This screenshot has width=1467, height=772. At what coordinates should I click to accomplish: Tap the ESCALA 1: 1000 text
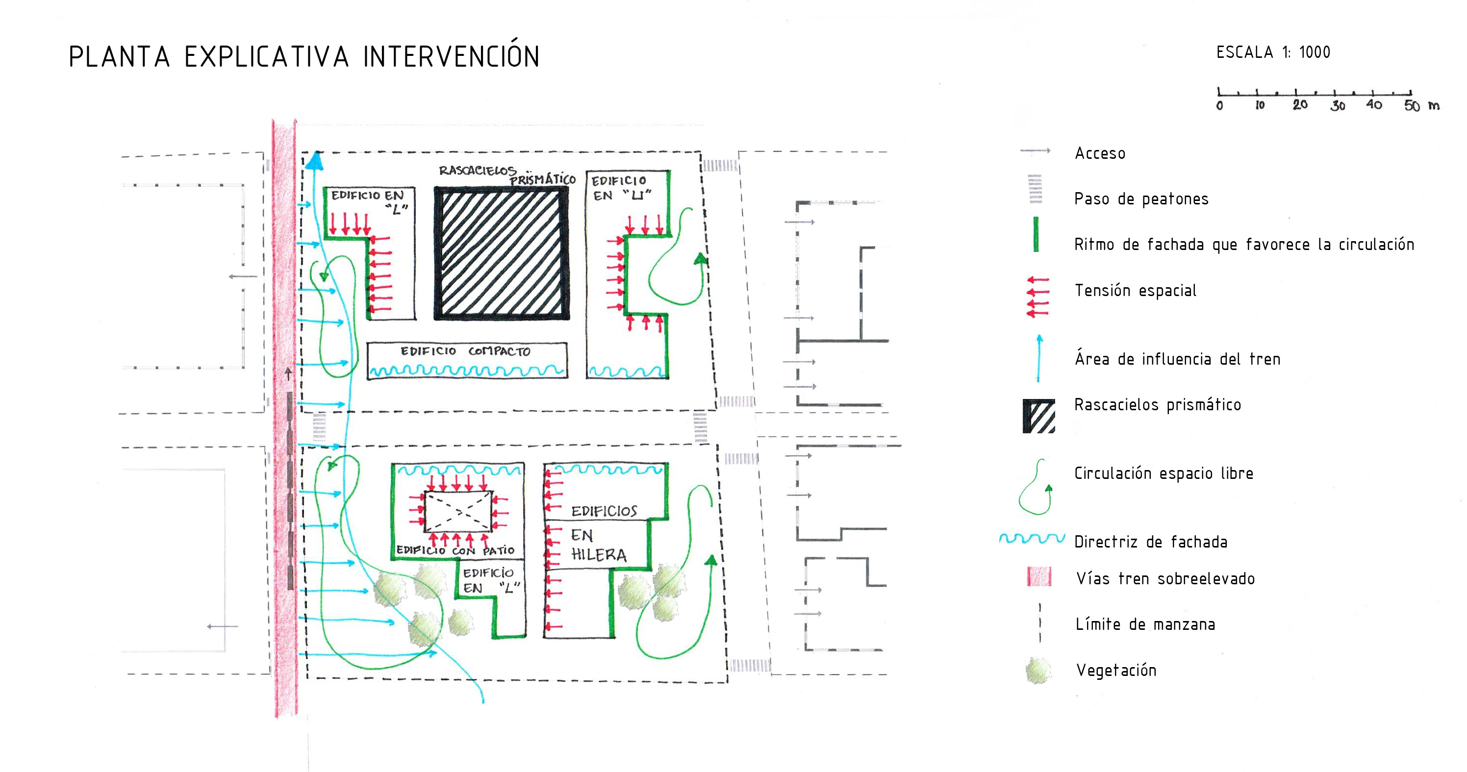pos(1273,52)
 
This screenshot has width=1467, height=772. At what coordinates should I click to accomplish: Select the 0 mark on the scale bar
pos(1219,105)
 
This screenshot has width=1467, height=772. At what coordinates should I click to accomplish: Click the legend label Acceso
pos(1100,153)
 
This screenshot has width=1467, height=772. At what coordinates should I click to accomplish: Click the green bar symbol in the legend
pos(1036,234)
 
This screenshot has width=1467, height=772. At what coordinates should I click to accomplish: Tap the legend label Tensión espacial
pos(1135,290)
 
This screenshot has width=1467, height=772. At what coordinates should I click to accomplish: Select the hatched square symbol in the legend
pos(1039,416)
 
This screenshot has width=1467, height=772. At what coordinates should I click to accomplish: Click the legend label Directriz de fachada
pos(1150,542)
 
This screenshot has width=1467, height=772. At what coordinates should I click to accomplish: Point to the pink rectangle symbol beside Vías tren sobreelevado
pos(1039,577)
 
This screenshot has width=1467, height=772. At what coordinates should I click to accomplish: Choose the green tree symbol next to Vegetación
pos(1038,671)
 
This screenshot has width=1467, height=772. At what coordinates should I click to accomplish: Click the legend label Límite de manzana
pos(1145,624)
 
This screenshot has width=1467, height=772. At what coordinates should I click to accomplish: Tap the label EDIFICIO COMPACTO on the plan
pos(465,351)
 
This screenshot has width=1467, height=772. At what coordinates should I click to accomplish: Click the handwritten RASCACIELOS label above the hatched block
pos(477,170)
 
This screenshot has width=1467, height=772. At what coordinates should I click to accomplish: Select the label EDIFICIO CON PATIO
pos(455,550)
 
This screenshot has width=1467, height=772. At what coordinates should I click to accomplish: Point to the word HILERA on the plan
pos(599,555)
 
